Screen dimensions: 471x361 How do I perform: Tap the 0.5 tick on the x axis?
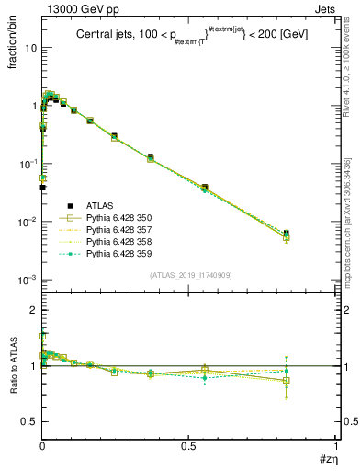coord(189,449)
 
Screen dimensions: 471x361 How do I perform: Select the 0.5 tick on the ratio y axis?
coord(28,421)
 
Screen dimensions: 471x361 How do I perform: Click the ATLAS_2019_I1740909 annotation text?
coord(189,275)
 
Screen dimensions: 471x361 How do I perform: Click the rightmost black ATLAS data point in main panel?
coord(287,234)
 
